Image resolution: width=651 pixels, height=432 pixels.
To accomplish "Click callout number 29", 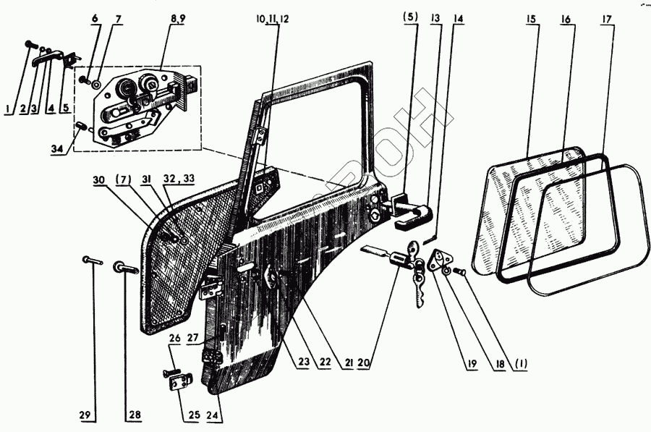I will click(x=85, y=415).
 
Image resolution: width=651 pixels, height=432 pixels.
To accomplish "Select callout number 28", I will click(x=135, y=415).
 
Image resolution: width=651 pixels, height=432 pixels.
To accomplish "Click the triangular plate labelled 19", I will click(x=439, y=261).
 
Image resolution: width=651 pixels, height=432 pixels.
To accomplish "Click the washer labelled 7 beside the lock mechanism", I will click(x=96, y=84).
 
